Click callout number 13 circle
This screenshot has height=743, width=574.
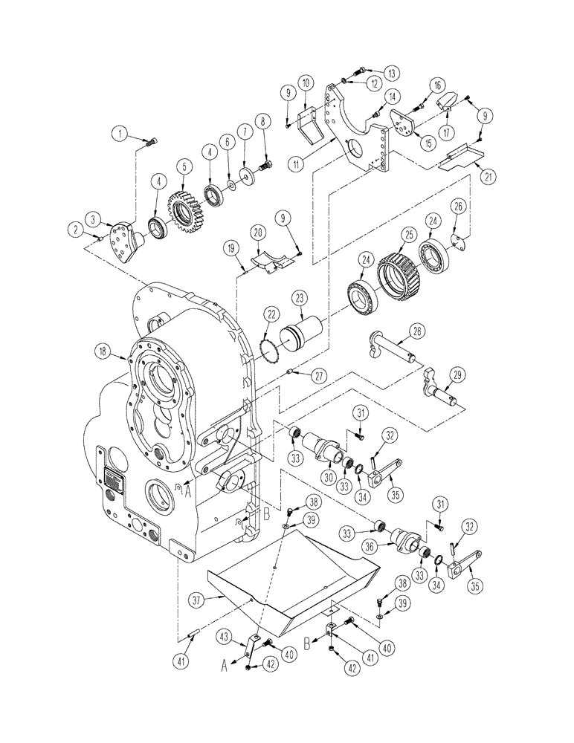coord(390,72)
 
